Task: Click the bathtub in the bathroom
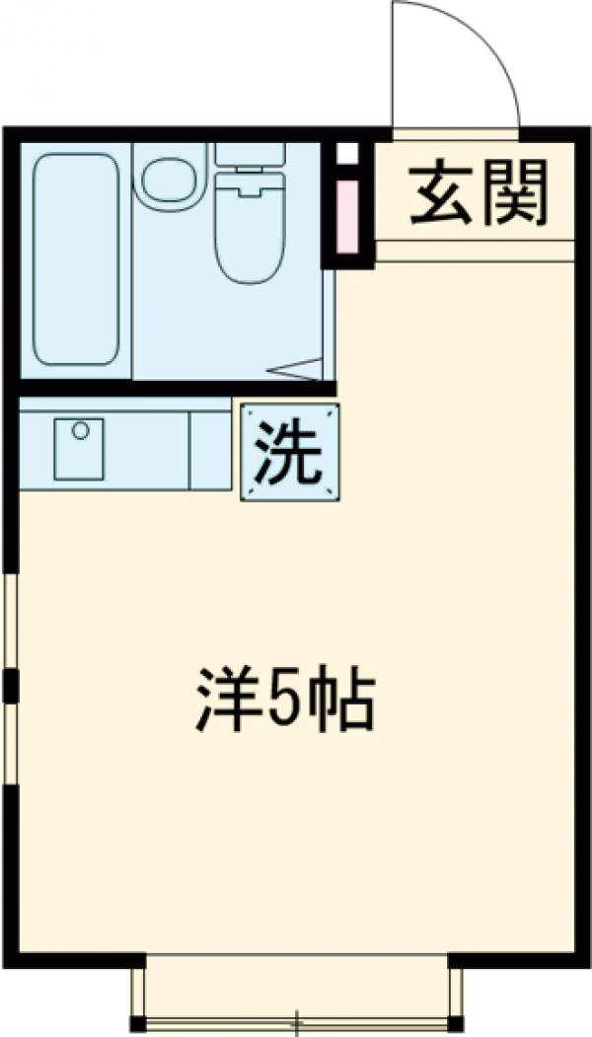76,259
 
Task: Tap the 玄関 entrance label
478,193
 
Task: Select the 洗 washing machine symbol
289,451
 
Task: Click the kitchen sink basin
79,449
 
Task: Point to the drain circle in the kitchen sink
81,430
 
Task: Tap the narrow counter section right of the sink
210,450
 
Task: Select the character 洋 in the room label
222,701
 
